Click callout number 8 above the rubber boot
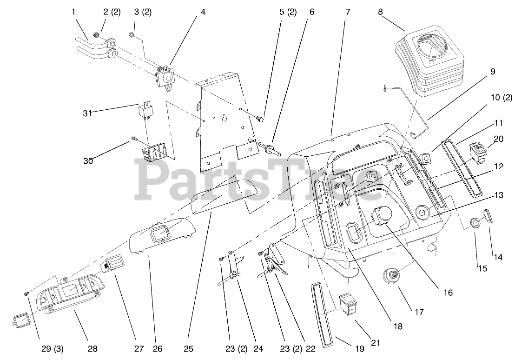point(380,12)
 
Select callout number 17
point(419,312)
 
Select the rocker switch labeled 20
point(478,153)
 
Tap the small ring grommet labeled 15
point(475,223)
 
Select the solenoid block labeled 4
point(165,74)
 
